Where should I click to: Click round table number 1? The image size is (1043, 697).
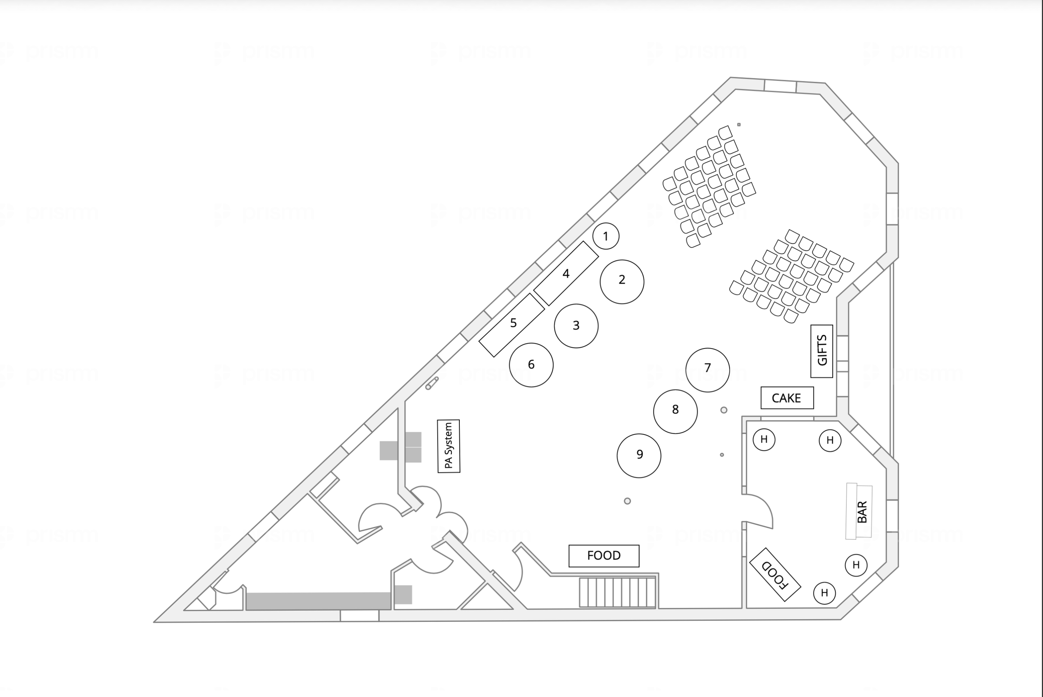coord(605,236)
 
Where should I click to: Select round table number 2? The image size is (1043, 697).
coord(622,281)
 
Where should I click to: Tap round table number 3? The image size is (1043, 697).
coord(576,326)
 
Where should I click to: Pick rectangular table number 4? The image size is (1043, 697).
coord(566,273)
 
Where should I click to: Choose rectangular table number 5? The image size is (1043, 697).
coord(512,324)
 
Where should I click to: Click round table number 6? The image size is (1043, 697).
coord(531,365)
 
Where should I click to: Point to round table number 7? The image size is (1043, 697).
coord(707,369)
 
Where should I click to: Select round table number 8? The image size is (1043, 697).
coord(675,411)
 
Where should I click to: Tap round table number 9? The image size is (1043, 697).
coord(639,456)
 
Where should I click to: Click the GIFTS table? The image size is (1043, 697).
coord(821,351)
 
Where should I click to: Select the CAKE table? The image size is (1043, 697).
coord(787,398)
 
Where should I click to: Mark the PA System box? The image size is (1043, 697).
coord(448,446)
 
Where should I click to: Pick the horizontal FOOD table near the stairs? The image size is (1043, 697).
coord(604,556)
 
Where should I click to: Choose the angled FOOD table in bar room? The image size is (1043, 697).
coord(775,574)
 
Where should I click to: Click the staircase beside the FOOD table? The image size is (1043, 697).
coord(617,592)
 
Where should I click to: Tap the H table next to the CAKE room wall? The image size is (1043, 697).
coord(763,439)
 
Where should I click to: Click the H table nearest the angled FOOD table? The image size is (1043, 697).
coord(824,593)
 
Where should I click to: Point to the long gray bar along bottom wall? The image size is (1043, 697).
coord(318,601)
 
